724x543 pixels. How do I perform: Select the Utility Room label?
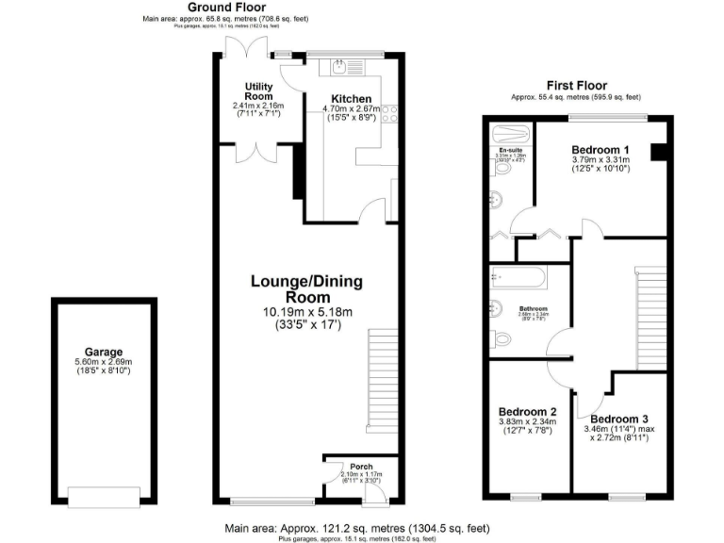click(x=257, y=91)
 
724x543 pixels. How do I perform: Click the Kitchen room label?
click(x=351, y=99)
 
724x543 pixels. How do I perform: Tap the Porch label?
click(x=362, y=466)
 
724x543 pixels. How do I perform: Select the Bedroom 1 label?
click(x=600, y=150)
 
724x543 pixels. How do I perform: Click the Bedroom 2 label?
click(x=527, y=412)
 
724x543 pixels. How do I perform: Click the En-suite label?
click(x=510, y=151)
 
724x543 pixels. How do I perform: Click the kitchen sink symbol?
click(x=338, y=68)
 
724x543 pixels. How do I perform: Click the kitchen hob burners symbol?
click(x=391, y=112)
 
